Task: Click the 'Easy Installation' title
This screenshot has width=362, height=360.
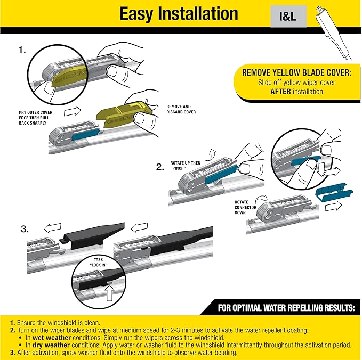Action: (179, 14)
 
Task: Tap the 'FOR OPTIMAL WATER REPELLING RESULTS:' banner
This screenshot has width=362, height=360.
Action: (286, 308)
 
